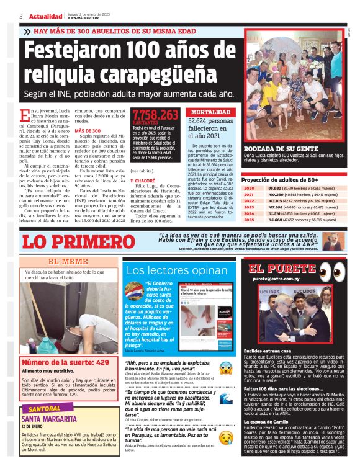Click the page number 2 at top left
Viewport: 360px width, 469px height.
click(x=21, y=16)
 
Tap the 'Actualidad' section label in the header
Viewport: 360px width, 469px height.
click(x=41, y=16)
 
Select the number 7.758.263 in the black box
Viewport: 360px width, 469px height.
click(x=155, y=115)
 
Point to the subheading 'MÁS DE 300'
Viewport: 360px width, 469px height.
click(x=87, y=131)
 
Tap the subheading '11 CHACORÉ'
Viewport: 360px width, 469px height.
click(x=143, y=181)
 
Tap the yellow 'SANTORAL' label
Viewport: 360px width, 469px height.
click(x=45, y=409)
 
